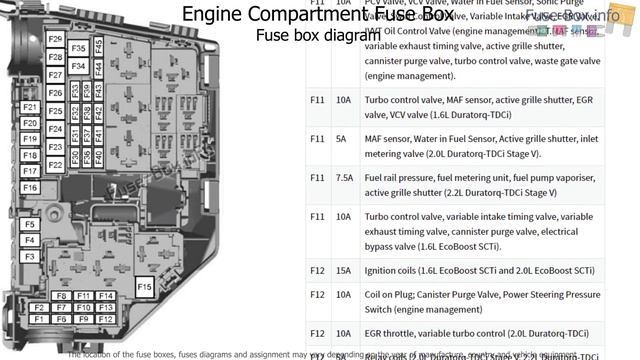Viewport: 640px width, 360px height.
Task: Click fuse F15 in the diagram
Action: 144,288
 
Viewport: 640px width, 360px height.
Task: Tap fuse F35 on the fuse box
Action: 78,47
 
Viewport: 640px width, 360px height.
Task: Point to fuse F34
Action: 78,67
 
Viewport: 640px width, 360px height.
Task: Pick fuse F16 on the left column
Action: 30,187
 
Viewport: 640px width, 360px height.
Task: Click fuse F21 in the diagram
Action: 30,107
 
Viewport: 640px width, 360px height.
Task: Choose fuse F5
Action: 30,223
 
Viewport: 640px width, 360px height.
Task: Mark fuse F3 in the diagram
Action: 30,256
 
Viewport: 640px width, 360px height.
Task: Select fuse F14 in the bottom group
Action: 106,296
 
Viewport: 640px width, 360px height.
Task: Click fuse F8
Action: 62,296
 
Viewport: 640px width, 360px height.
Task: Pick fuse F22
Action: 56,164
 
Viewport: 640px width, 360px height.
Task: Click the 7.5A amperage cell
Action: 344,177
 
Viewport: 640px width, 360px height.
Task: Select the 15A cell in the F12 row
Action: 344,270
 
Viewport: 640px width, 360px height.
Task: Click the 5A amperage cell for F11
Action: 342,138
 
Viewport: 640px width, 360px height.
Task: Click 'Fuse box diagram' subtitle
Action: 305,35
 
